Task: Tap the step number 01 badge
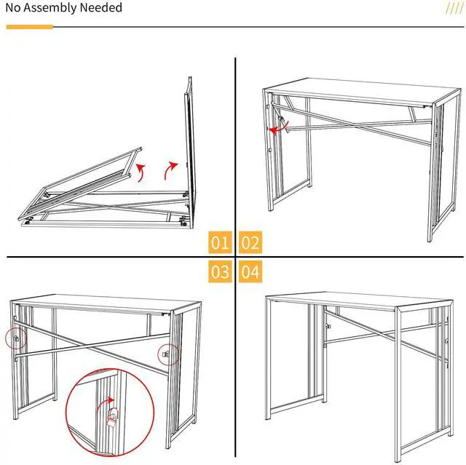point(220,243)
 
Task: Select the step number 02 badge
point(250,243)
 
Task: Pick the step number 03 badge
point(220,273)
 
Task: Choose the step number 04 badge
point(250,273)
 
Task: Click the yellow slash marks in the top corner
point(454,8)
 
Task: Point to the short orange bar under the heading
point(29,27)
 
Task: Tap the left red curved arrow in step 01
point(139,171)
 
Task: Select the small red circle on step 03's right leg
point(168,354)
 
